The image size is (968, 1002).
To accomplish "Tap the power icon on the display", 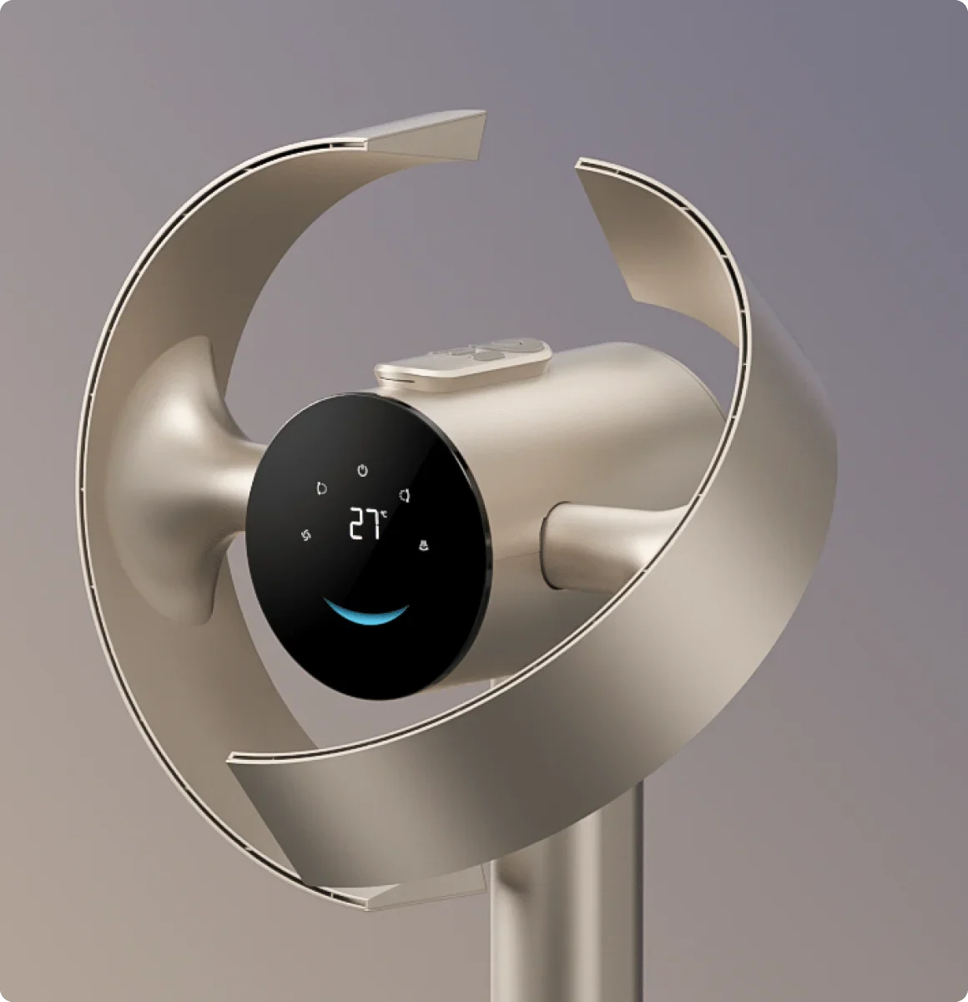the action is [x=362, y=470].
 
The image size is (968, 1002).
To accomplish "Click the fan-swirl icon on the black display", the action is [x=306, y=535].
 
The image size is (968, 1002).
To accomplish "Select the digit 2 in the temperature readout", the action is [x=356, y=524].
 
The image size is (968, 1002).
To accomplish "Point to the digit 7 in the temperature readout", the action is [x=374, y=524].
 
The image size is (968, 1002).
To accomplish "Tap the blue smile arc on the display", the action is [x=366, y=613].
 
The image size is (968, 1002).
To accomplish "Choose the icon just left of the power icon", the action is [x=321, y=488].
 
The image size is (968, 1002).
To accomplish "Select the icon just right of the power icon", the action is [x=405, y=495].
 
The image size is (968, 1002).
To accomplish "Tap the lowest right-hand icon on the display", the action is [x=424, y=545].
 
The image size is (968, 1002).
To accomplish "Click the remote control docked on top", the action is [x=463, y=363].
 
